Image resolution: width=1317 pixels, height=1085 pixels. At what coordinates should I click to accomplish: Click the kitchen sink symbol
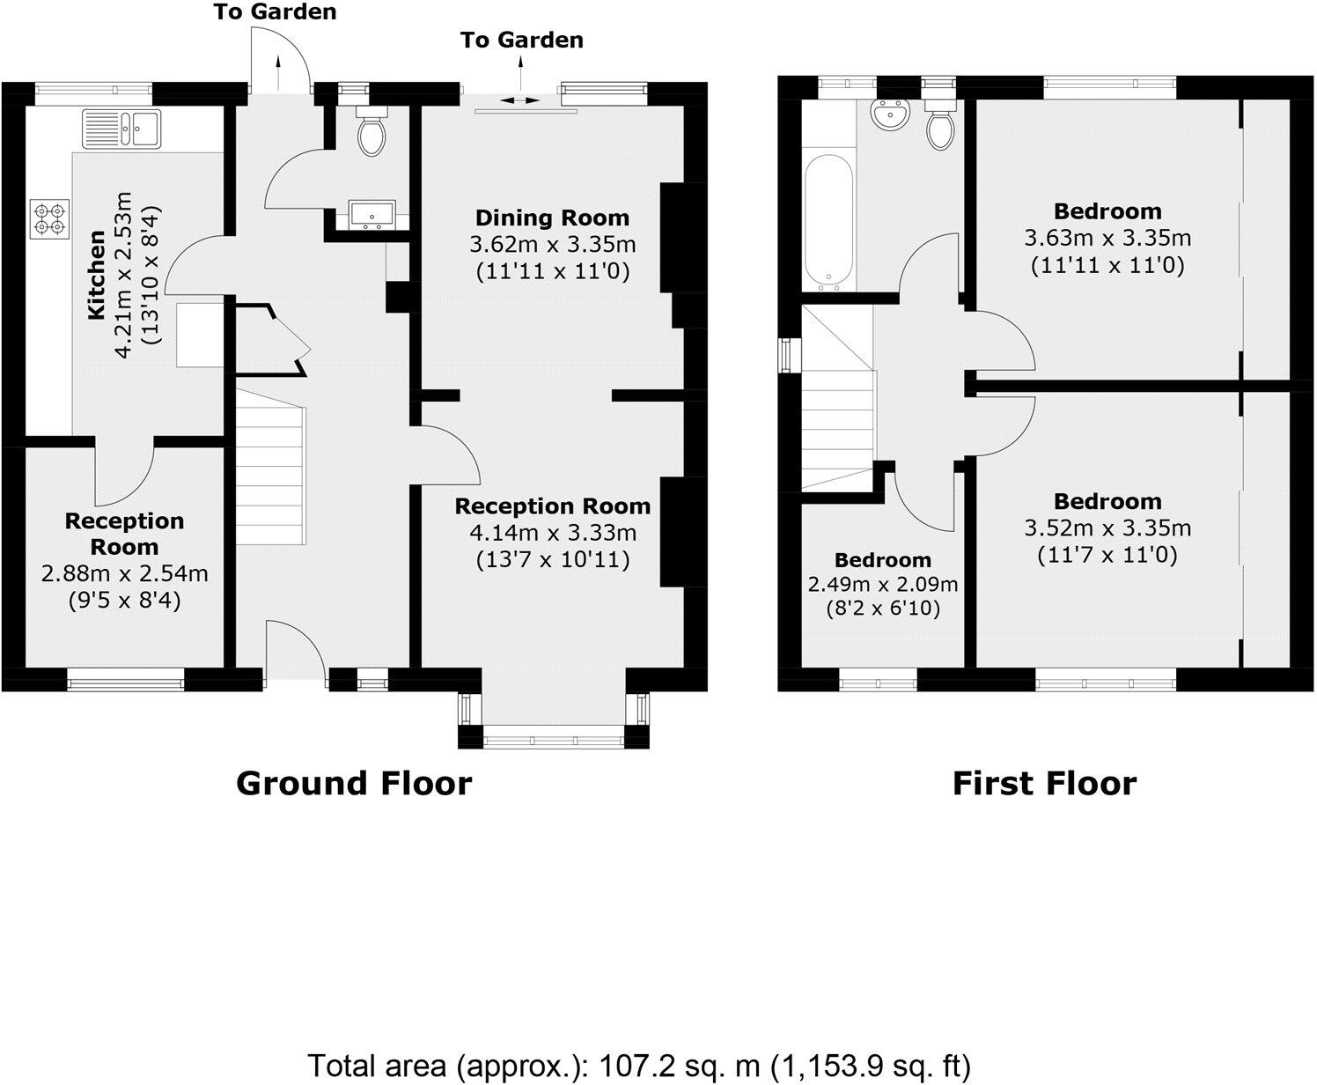pos(121,129)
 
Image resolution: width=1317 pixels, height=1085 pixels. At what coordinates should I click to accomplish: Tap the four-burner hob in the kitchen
pos(49,218)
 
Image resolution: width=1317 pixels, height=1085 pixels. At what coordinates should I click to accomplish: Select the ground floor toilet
pos(371,132)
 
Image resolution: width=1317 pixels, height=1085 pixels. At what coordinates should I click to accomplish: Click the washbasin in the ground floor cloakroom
pos(371,214)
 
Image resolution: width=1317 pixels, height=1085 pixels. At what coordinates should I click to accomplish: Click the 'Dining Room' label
pos(552,218)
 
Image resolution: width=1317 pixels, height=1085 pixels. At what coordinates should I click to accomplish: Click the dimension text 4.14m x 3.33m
pos(552,533)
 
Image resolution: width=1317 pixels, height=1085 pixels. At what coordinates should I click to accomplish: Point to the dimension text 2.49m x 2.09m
pos(883,584)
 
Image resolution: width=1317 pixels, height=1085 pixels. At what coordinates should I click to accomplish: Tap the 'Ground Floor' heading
pos(354,783)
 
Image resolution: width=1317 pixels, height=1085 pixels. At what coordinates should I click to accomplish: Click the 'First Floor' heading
pos(1044,783)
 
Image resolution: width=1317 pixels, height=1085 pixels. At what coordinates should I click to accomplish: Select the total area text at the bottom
pos(638,1067)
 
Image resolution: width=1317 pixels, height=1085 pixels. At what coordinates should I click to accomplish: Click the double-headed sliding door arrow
pos(520,100)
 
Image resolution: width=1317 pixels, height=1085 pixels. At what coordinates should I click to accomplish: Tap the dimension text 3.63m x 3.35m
pos(1107,238)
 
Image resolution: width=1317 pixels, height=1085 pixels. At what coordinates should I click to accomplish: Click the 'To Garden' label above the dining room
pos(522,40)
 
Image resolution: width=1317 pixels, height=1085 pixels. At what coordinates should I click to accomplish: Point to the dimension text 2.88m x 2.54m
pos(124,574)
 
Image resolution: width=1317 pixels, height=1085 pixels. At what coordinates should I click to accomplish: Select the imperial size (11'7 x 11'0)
pos(1107,555)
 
